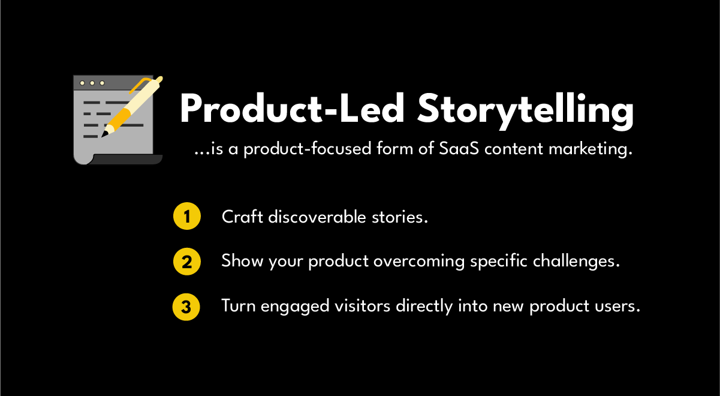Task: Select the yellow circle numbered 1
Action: click(x=186, y=217)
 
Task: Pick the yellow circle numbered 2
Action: click(x=186, y=262)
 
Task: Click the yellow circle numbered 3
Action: click(x=186, y=307)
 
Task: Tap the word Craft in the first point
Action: click(x=242, y=217)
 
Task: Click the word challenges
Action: click(x=579, y=262)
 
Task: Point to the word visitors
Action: click(x=363, y=307)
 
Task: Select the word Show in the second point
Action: click(x=239, y=262)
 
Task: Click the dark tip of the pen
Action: click(x=105, y=134)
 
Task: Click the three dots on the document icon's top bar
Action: click(x=92, y=83)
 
